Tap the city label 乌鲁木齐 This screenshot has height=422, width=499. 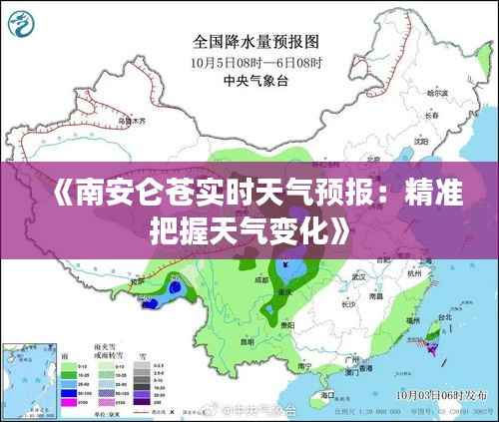click(x=132, y=121)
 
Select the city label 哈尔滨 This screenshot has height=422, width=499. click(x=438, y=93)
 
